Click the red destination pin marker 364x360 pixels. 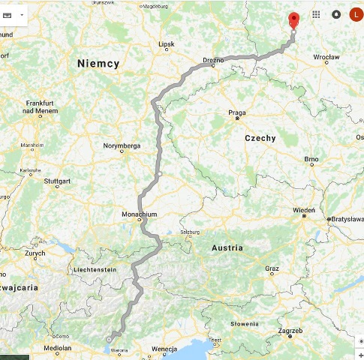pyautogui.click(x=293, y=20)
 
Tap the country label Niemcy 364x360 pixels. pyautogui.click(x=98, y=64)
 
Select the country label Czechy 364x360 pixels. pyautogui.click(x=260, y=138)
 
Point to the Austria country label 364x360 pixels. pyautogui.click(x=227, y=247)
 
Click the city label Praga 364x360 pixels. pyautogui.click(x=237, y=112)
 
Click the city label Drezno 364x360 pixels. pyautogui.click(x=214, y=58)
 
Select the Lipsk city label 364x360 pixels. pyautogui.click(x=166, y=44)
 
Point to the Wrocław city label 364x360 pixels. pyautogui.click(x=326, y=57)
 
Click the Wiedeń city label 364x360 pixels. pyautogui.click(x=303, y=209)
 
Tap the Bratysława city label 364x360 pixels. pyautogui.click(x=347, y=219)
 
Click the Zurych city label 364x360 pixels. pyautogui.click(x=35, y=253)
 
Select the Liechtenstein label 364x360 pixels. pyautogui.click(x=95, y=269)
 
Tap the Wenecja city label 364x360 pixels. pyautogui.click(x=164, y=349)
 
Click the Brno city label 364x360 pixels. pyautogui.click(x=311, y=160)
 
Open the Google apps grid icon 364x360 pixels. pyautogui.click(x=316, y=14)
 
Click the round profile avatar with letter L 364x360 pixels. pyautogui.click(x=356, y=14)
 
